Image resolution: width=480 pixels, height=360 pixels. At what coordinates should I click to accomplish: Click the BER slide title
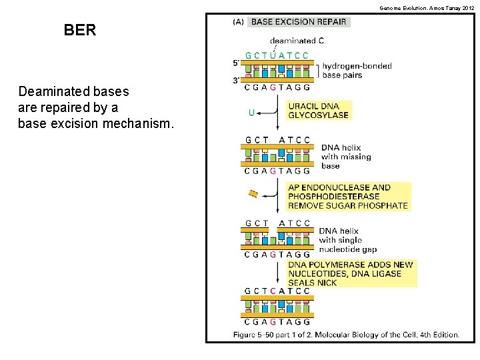pyautogui.click(x=80, y=30)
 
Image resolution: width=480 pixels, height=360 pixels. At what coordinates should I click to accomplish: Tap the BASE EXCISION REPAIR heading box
pyautogui.click(x=299, y=22)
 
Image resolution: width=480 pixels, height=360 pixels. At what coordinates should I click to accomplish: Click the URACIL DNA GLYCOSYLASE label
pyautogui.click(x=318, y=111)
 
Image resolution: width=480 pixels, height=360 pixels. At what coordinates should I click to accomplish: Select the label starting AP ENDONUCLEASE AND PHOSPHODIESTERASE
pyautogui.click(x=348, y=197)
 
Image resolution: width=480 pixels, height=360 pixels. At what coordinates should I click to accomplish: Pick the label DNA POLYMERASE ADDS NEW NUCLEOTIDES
pyautogui.click(x=351, y=274)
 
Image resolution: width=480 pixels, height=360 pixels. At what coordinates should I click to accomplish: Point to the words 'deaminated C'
pyautogui.click(x=297, y=41)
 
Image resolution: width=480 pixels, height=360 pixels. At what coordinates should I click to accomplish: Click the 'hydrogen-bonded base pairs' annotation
pyautogui.click(x=357, y=70)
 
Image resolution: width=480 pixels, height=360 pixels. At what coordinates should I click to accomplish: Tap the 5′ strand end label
pyautogui.click(x=237, y=64)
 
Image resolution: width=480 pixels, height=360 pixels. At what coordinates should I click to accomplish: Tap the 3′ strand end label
pyautogui.click(x=237, y=81)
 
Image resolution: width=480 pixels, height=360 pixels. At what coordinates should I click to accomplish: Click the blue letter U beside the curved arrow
pyautogui.click(x=251, y=113)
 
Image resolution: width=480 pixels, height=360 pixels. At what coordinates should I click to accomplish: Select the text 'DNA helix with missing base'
pyautogui.click(x=345, y=157)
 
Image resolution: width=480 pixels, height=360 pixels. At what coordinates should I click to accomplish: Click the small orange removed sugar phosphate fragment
pyautogui.click(x=253, y=194)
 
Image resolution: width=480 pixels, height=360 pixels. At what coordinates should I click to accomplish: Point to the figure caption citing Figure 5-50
pyautogui.click(x=346, y=334)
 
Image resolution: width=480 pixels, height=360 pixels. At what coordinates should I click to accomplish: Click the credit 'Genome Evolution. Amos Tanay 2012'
pyautogui.click(x=427, y=7)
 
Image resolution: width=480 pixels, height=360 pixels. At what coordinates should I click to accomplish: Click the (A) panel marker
pyautogui.click(x=238, y=22)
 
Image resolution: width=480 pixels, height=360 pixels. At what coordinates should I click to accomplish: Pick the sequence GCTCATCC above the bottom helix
pyautogui.click(x=277, y=291)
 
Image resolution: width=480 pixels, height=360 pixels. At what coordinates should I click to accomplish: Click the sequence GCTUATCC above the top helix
pyautogui.click(x=277, y=55)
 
